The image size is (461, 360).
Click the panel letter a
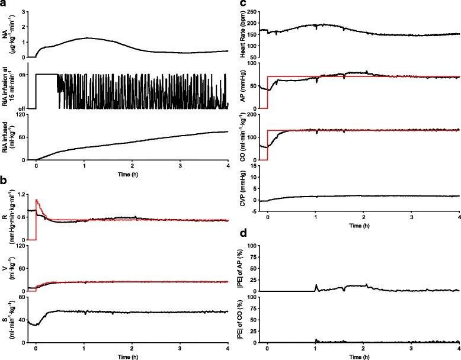[4, 4]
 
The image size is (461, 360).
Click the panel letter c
[235, 4]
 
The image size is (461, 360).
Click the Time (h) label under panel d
[363, 359]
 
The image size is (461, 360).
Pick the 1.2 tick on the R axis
[25, 195]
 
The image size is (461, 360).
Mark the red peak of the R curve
[37, 200]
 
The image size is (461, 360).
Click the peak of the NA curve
[87, 38]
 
